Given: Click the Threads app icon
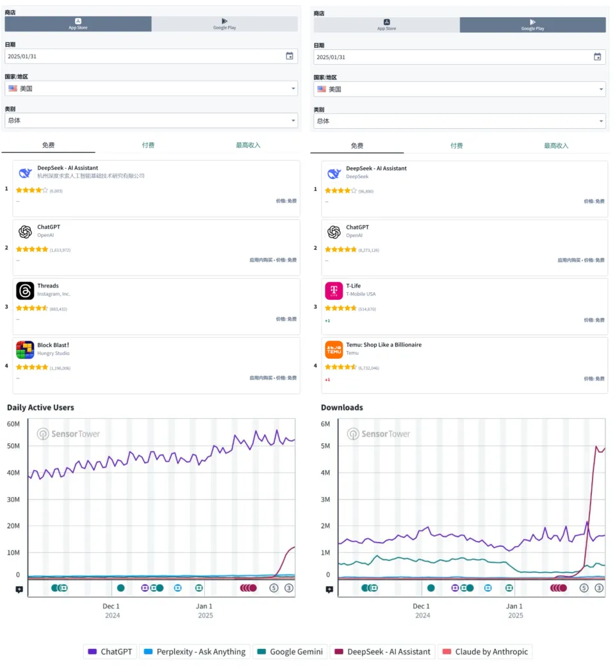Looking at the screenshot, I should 25,291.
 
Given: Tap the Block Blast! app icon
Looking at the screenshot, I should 25,350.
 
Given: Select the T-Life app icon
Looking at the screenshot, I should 334,291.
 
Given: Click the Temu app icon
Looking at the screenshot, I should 334,350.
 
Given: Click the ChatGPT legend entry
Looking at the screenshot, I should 110,651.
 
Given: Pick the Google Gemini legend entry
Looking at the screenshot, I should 290,651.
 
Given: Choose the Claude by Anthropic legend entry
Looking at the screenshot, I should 484,651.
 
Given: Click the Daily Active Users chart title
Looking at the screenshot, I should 40,407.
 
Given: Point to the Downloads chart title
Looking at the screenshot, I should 342,407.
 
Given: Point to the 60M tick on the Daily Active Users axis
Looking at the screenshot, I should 13,424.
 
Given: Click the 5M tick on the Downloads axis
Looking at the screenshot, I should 325,446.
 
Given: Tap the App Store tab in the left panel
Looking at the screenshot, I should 78,24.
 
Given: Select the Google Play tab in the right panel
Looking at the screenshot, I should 532,24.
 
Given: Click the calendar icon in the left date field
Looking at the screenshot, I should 290,56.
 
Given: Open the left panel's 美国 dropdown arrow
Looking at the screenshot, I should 293,88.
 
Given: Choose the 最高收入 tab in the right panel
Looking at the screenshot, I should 556,145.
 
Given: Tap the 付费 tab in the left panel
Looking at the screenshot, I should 148,145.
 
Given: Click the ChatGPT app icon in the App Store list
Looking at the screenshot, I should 25,232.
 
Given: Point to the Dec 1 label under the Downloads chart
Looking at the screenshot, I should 421,606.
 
